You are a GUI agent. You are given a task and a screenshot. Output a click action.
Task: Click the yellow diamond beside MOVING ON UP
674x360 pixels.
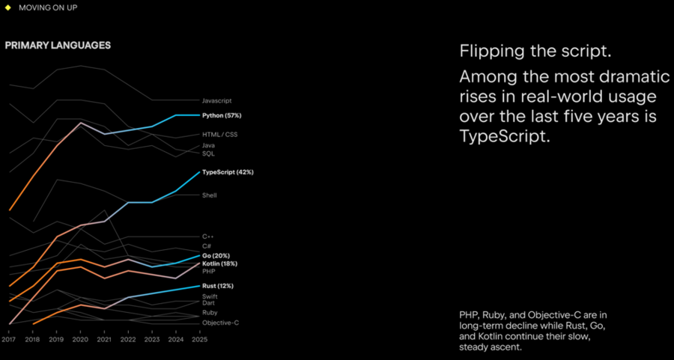(8, 7)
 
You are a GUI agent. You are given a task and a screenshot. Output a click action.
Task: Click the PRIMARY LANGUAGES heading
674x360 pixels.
(58, 46)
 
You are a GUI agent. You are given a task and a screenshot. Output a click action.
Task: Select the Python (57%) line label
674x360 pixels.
(222, 115)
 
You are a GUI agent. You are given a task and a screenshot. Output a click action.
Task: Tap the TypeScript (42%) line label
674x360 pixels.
(228, 172)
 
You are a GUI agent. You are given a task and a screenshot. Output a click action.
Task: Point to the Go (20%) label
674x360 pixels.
(216, 256)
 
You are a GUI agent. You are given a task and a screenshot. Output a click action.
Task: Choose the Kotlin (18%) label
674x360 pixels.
(220, 263)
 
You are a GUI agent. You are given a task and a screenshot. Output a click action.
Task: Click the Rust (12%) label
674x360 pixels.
(219, 286)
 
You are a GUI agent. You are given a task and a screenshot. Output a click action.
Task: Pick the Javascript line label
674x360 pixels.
(217, 100)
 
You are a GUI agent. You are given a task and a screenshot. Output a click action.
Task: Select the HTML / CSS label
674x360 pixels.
(219, 135)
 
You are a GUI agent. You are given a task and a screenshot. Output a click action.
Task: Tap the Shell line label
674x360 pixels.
(210, 195)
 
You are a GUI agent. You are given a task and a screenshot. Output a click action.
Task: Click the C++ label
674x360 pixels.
(208, 237)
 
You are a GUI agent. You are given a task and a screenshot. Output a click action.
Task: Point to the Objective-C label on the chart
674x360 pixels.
(220, 323)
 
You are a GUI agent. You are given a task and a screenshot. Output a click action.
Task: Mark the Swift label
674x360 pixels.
(210, 296)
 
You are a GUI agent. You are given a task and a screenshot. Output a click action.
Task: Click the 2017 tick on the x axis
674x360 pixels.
(9, 339)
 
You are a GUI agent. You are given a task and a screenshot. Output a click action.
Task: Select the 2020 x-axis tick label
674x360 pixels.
(80, 339)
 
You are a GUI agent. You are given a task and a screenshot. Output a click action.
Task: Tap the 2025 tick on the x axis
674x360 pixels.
(200, 339)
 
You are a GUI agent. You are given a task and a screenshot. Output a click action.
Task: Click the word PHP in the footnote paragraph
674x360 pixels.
(469, 315)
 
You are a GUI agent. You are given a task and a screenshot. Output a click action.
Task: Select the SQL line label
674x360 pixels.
(208, 153)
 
